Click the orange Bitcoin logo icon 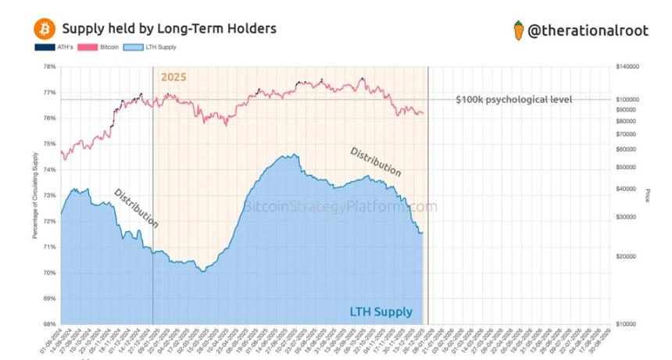(x=45, y=30)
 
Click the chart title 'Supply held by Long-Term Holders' (x=168, y=29)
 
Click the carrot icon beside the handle (x=517, y=30)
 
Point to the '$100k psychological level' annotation (x=513, y=99)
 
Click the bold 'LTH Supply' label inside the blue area (x=381, y=312)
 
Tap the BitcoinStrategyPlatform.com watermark (x=340, y=207)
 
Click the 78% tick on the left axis (x=49, y=67)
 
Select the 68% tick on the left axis (x=49, y=324)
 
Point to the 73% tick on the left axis (x=49, y=195)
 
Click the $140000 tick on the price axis (x=628, y=67)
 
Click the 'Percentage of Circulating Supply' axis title (x=35, y=196)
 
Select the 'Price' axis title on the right (x=648, y=195)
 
